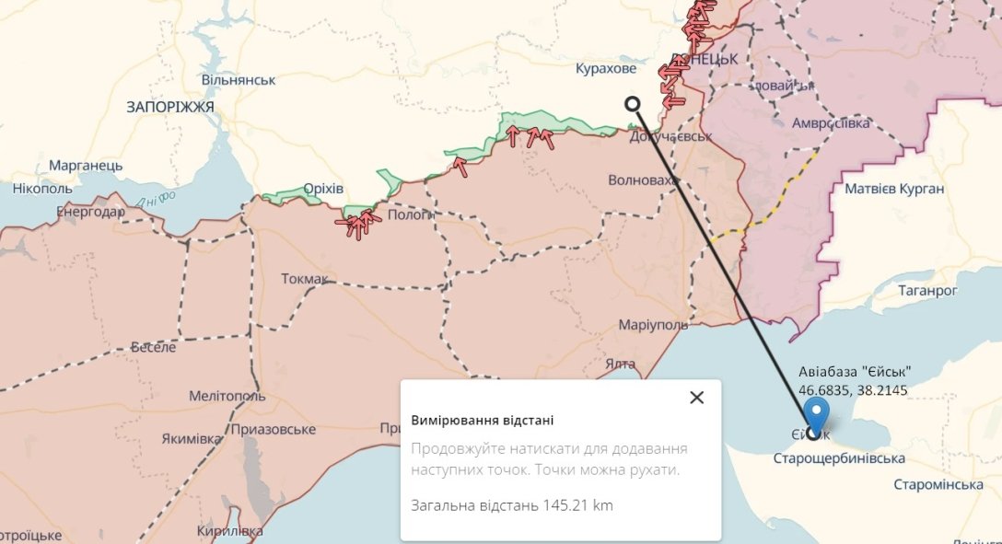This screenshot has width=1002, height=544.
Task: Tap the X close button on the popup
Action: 696,398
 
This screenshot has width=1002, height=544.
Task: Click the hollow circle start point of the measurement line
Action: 632,104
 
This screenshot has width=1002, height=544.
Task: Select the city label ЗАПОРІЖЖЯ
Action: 170,108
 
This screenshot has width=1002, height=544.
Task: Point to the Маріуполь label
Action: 653,325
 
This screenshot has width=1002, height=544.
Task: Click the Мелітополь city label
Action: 227,396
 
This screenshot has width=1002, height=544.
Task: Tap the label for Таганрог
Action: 926,290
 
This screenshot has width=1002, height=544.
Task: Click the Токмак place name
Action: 304,278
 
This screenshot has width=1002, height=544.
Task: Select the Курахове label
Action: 605,69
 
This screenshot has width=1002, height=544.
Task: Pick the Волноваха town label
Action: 643,180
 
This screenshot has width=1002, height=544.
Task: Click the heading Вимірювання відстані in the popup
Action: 483,421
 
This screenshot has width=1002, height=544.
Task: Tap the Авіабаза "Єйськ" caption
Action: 855,372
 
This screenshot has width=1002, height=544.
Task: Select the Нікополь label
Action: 42,189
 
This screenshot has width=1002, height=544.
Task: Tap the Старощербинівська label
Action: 838,458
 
